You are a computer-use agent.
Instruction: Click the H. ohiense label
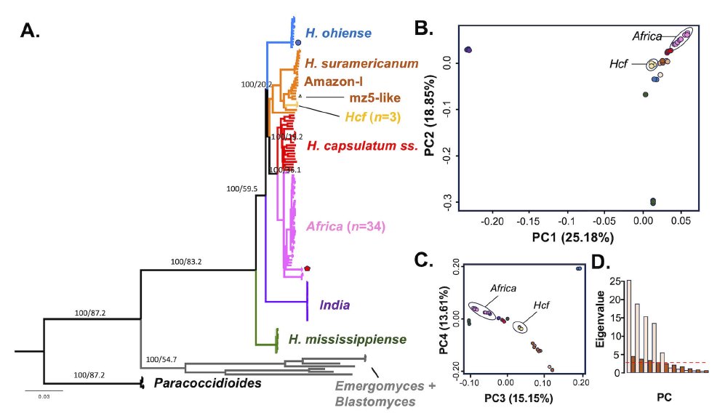pos(338,33)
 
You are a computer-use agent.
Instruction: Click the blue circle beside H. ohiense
pos(298,44)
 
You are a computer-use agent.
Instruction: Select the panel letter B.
pos(424,28)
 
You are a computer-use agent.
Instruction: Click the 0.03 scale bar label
pos(44,396)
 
